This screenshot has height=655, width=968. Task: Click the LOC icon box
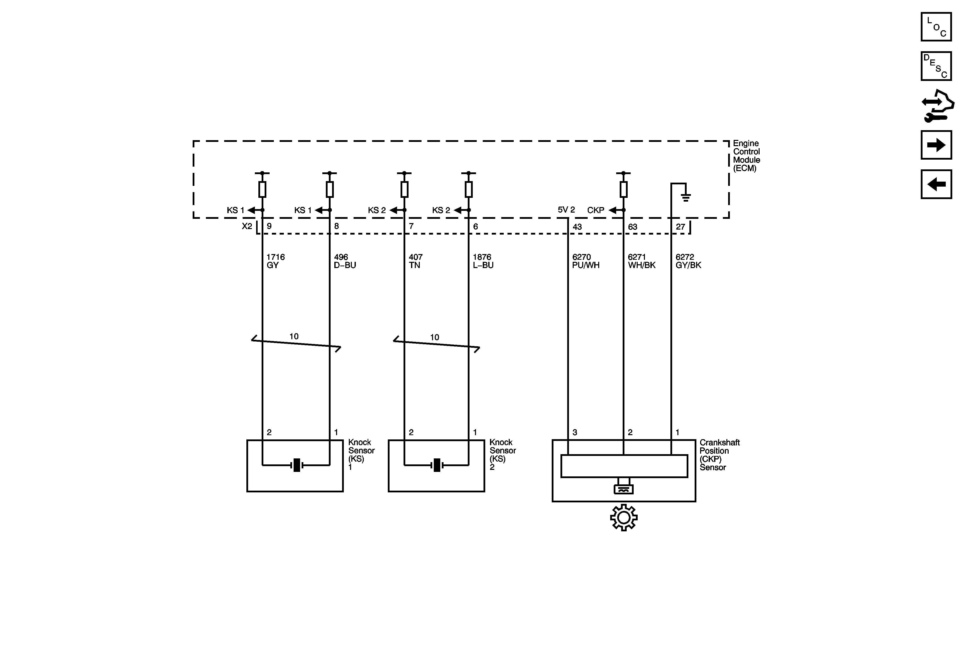pos(936,27)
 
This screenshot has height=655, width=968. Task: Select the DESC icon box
pos(936,66)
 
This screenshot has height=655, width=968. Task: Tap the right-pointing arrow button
pos(936,145)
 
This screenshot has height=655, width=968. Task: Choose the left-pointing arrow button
pos(936,184)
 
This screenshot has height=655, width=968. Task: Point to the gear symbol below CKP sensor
pos(623,518)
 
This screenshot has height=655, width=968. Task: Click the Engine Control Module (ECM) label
pos(746,156)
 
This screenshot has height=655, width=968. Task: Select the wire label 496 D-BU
pos(345,261)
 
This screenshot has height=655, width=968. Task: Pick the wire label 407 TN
pos(416,261)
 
